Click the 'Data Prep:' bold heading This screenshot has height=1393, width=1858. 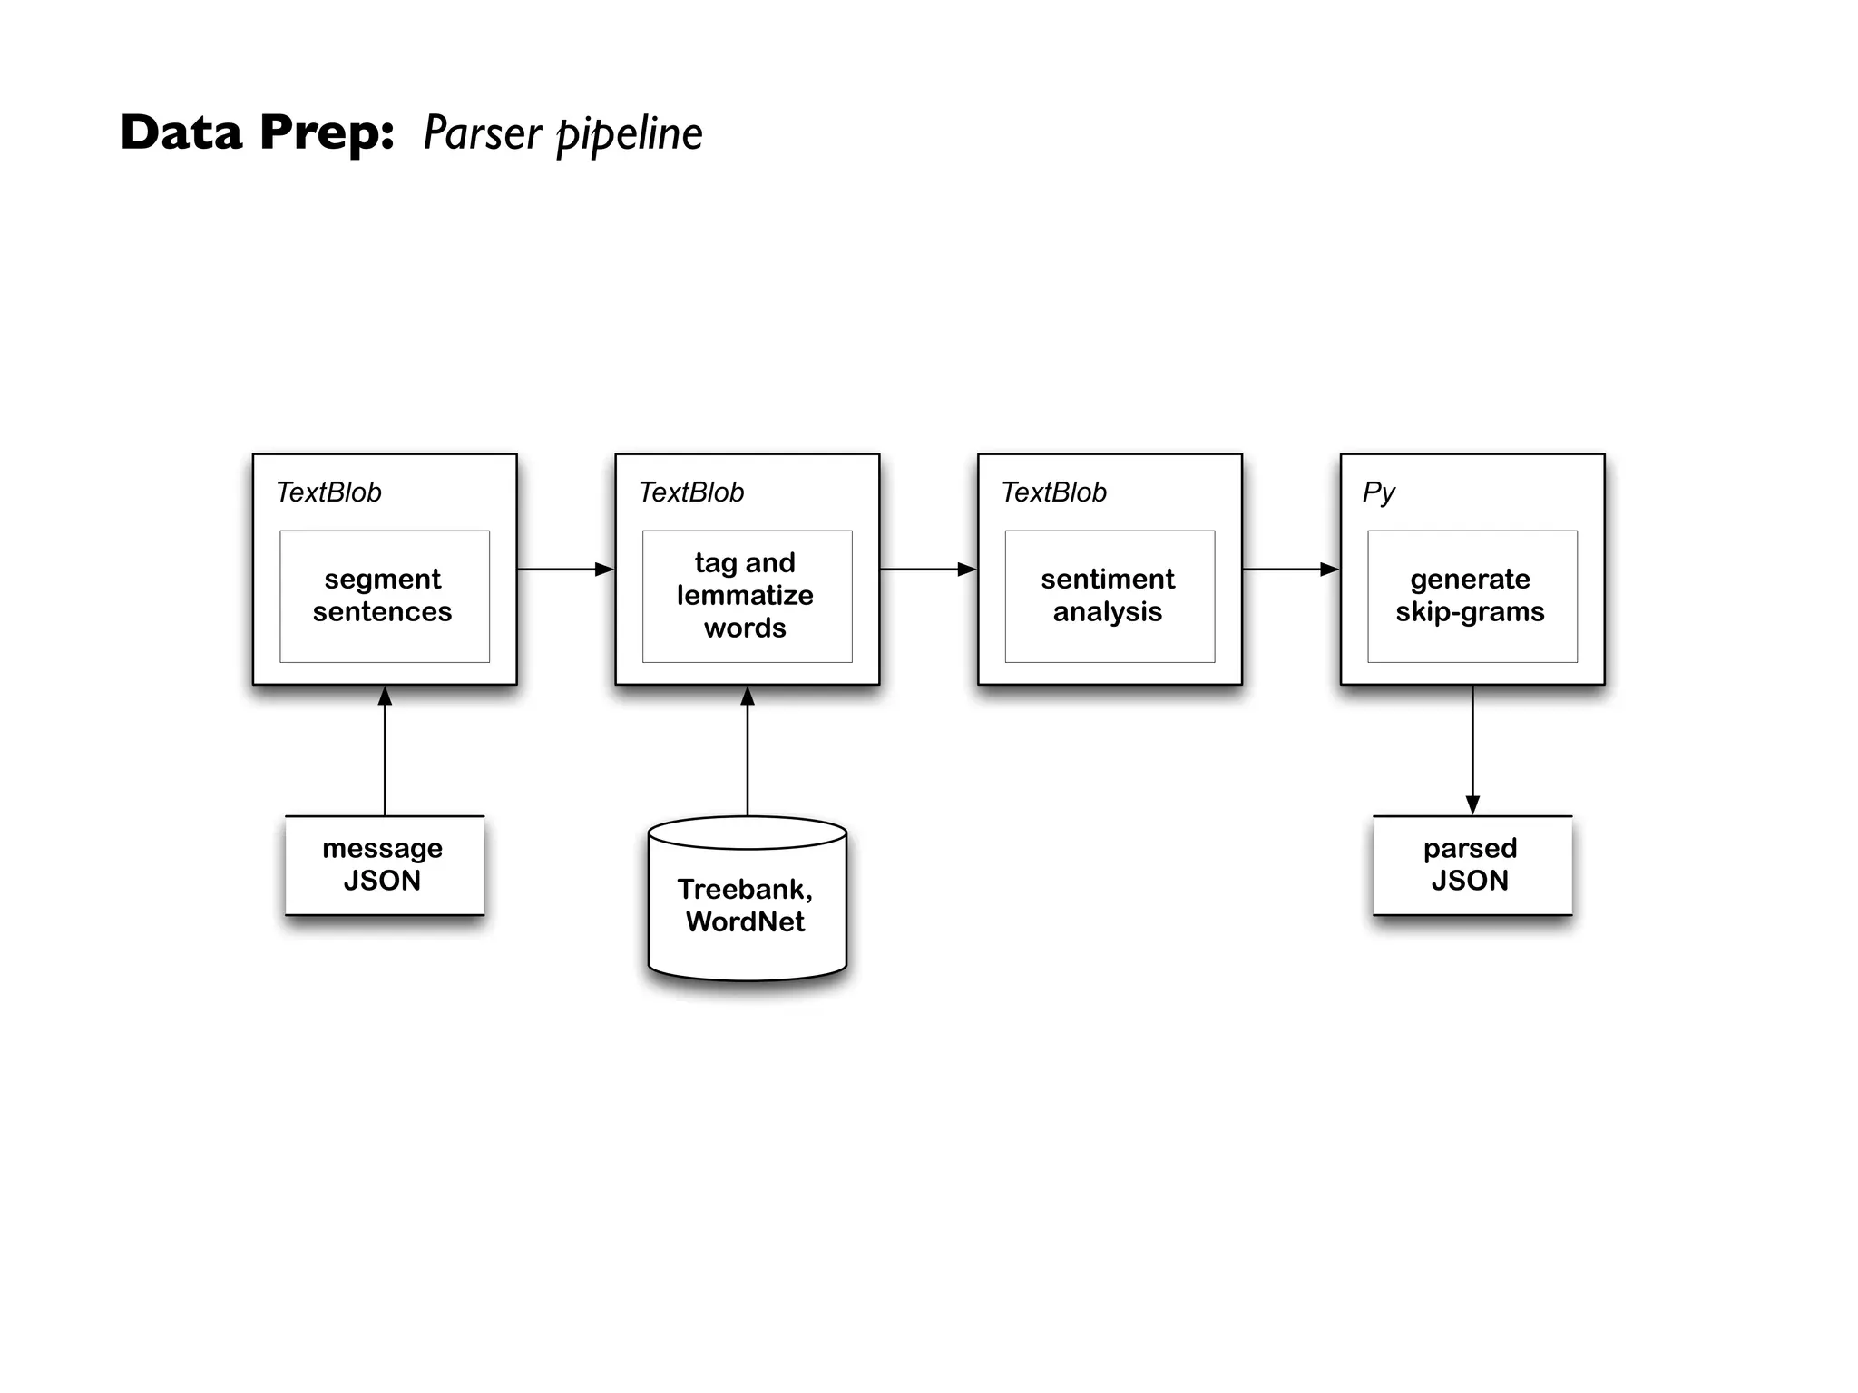[x=258, y=132]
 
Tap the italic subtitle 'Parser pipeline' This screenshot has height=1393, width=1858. [x=562, y=134]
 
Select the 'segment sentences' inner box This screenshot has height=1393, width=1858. [x=384, y=596]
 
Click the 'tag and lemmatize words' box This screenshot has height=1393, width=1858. [x=747, y=596]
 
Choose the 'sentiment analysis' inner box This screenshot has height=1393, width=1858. [x=1109, y=596]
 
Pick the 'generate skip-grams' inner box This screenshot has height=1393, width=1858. [x=1472, y=596]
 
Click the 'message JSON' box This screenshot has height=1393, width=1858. [x=384, y=864]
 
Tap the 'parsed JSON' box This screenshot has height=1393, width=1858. [x=1472, y=864]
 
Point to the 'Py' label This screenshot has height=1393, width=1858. [x=1378, y=492]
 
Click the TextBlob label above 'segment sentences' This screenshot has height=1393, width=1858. [x=328, y=492]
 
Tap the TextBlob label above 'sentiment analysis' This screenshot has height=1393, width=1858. [x=1053, y=492]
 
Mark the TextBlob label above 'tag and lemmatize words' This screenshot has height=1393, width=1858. [x=691, y=492]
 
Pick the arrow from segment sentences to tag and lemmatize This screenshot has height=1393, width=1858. [x=565, y=570]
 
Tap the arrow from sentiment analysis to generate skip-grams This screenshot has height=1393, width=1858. [x=1290, y=570]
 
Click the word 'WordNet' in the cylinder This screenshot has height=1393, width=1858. [x=746, y=922]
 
